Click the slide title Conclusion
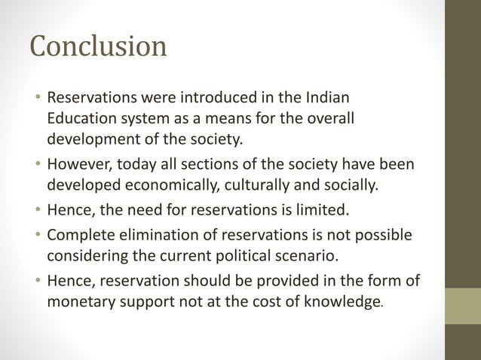98,47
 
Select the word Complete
81,236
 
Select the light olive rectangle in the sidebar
463,307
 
